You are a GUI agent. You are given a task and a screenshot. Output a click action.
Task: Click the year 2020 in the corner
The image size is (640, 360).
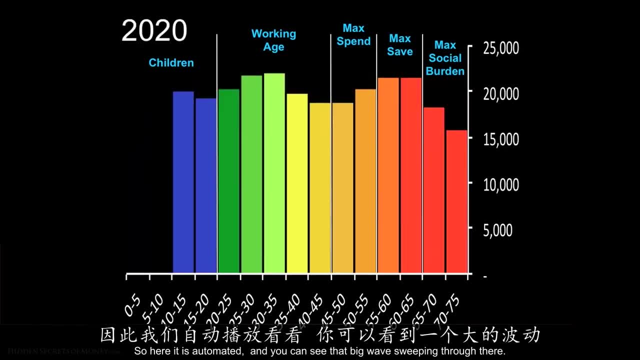click(x=154, y=31)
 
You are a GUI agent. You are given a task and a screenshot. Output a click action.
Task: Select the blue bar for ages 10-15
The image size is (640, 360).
click(x=183, y=182)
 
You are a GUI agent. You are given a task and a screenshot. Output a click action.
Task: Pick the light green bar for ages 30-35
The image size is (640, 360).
click(x=274, y=173)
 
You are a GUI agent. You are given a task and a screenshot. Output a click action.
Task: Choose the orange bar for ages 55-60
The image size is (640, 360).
click(x=388, y=175)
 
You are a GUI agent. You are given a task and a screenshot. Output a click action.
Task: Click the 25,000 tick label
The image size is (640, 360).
click(x=501, y=48)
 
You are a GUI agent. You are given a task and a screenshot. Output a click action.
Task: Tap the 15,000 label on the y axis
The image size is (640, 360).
click(x=501, y=139)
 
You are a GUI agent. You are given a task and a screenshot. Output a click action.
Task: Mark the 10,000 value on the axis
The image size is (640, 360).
click(x=501, y=184)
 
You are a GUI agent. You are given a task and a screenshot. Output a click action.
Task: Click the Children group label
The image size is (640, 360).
click(x=171, y=63)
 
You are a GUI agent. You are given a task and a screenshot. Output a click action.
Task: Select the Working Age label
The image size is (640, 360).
click(x=273, y=40)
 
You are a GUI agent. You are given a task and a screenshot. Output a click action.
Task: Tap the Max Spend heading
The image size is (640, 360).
click(x=353, y=35)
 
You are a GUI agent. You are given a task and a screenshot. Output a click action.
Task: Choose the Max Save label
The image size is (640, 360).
click(x=400, y=45)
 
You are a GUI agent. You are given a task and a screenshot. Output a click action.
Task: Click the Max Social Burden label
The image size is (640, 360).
click(x=445, y=58)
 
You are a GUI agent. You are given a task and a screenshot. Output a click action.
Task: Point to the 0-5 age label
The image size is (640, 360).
click(x=132, y=305)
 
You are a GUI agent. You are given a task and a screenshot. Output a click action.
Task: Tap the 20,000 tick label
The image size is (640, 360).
click(x=501, y=93)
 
